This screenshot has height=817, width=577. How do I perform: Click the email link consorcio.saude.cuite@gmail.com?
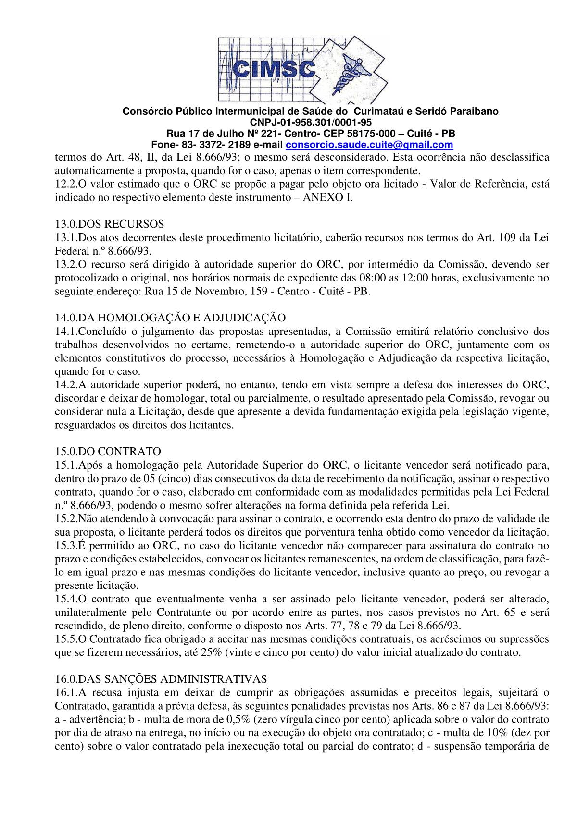point(369,145)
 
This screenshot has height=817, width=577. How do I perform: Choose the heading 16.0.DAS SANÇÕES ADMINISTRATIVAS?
point(161,679)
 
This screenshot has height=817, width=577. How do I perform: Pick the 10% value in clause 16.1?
point(502,733)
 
